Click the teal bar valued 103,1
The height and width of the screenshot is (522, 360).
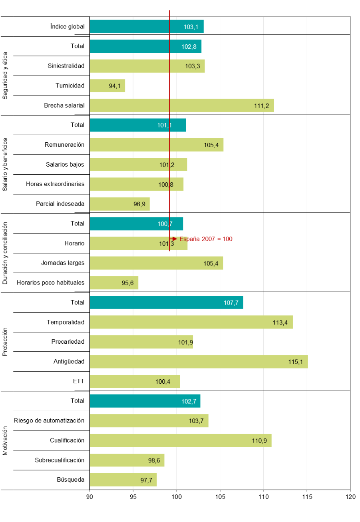[146, 26]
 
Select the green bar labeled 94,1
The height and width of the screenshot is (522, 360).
[107, 86]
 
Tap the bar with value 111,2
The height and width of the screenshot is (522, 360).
[181, 106]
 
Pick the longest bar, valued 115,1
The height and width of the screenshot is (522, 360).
[199, 362]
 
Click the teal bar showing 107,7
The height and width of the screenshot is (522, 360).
[166, 303]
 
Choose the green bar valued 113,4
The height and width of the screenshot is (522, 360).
[191, 322]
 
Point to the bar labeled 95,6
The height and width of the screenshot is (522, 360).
[114, 283]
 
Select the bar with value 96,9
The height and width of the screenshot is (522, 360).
[119, 204]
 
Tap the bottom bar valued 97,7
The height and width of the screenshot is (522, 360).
[123, 480]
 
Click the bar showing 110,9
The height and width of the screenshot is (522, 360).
[180, 440]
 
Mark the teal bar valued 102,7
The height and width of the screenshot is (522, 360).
[145, 401]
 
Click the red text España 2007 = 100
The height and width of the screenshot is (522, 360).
[206, 239]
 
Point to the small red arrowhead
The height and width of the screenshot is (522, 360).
[174, 239]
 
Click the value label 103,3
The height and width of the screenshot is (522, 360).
[192, 66]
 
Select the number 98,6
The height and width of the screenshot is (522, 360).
[154, 460]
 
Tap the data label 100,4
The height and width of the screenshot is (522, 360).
[163, 382]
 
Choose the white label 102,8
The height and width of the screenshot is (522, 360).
[189, 46]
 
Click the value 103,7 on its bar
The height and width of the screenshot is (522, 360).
[196, 421]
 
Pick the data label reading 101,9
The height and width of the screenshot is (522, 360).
[185, 342]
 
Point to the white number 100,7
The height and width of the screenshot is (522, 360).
[165, 224]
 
